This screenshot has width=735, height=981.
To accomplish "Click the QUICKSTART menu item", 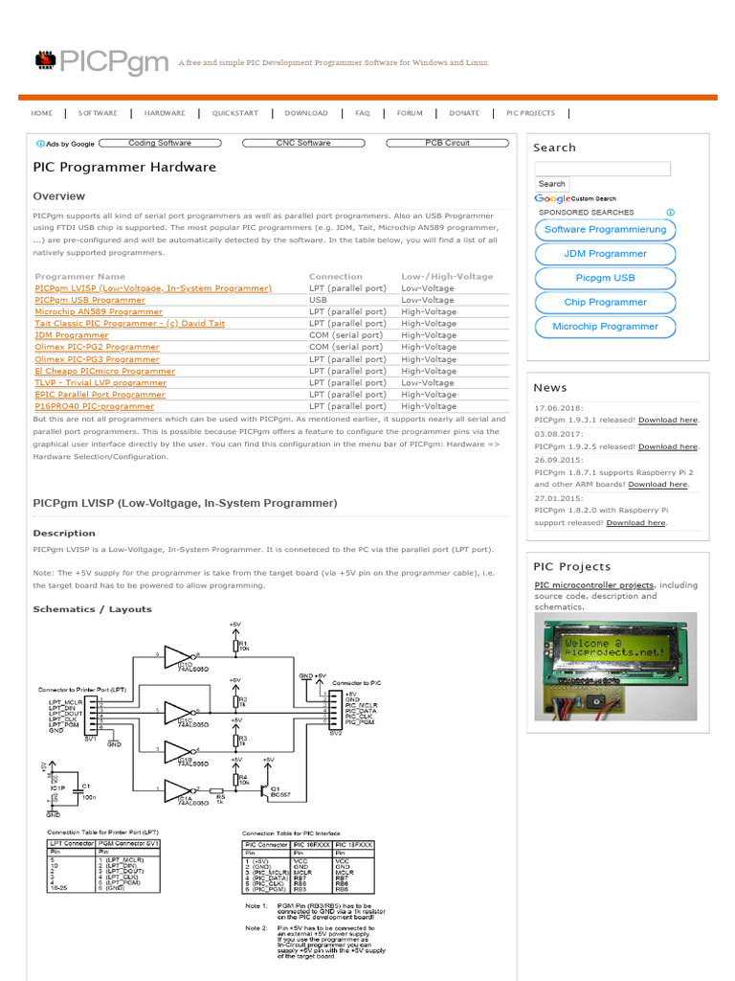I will [x=235, y=113].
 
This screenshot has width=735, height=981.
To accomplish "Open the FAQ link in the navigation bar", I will [x=363, y=113].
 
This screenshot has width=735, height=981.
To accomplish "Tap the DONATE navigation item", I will [x=464, y=113].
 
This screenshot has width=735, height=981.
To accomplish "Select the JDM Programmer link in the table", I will [x=72, y=335].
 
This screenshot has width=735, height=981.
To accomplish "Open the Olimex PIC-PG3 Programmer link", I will [x=97, y=359].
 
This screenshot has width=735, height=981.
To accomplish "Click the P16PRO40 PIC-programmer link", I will [x=94, y=406].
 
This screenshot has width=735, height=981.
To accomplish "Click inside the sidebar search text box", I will [x=602, y=169].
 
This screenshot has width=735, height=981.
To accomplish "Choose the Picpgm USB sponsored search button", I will [x=605, y=278].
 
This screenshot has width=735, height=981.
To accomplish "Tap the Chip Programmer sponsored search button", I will [x=605, y=302].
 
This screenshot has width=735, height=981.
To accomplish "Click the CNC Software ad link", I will [x=303, y=144].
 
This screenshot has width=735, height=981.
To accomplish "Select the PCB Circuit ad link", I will [x=447, y=144].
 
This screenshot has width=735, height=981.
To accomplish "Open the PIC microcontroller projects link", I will [x=593, y=584].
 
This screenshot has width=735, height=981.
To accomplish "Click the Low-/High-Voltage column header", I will [x=447, y=276].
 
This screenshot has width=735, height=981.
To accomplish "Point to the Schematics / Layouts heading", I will [x=92, y=609].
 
